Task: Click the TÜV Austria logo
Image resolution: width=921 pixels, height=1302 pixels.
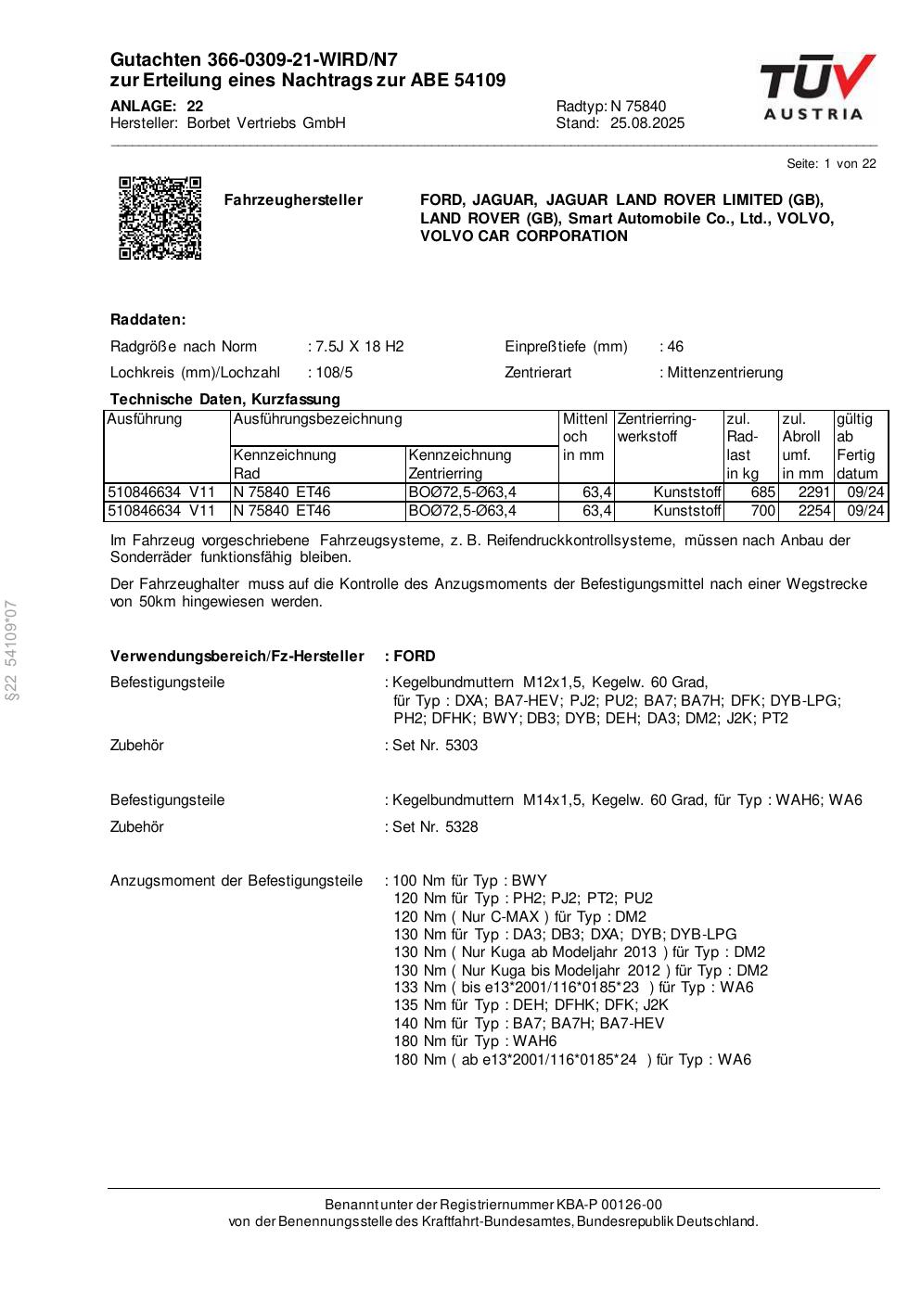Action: pyautogui.click(x=817, y=87)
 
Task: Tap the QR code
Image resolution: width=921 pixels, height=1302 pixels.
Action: pyautogui.click(x=160, y=217)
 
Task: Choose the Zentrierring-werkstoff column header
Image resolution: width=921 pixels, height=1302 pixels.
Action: pyautogui.click(x=657, y=428)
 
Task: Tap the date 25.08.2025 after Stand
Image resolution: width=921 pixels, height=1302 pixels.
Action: pyautogui.click(x=647, y=123)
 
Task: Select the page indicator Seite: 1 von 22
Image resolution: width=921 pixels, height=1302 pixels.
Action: pyautogui.click(x=831, y=164)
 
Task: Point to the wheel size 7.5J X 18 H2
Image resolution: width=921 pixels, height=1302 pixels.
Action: pyautogui.click(x=360, y=347)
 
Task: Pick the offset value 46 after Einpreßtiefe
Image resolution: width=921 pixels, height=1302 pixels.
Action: pyautogui.click(x=674, y=347)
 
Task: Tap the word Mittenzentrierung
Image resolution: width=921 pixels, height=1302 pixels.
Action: pyautogui.click(x=724, y=373)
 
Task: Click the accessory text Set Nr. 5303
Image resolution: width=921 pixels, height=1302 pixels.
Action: pyautogui.click(x=434, y=746)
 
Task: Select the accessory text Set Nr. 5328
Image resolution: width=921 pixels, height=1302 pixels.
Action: pyautogui.click(x=434, y=827)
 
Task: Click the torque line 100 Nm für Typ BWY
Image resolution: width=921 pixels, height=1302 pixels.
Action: pyautogui.click(x=470, y=881)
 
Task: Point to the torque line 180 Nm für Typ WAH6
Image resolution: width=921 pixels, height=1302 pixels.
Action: pyautogui.click(x=475, y=1041)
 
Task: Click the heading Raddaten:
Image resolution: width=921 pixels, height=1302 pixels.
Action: pyautogui.click(x=148, y=320)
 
